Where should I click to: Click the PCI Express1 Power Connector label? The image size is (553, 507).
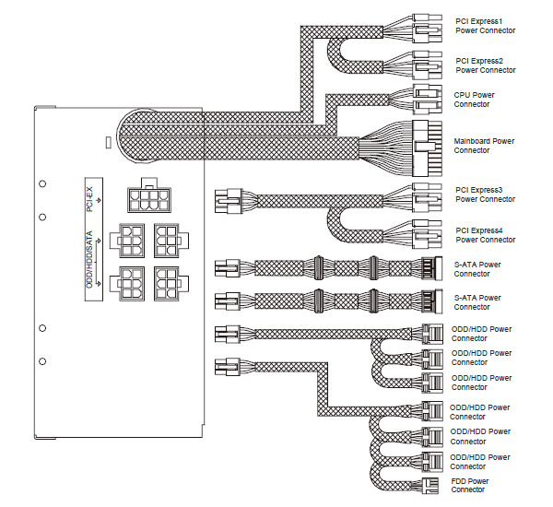pyautogui.click(x=486, y=26)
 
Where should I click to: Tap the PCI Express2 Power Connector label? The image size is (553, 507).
pyautogui.click(x=486, y=65)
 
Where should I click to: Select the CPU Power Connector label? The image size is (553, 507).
pyautogui.click(x=474, y=100)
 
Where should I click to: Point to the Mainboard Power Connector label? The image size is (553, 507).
pyautogui.click(x=484, y=146)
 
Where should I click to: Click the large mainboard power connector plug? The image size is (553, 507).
pyautogui.click(x=427, y=148)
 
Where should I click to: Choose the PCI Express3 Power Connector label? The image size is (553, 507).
pyautogui.click(x=486, y=195)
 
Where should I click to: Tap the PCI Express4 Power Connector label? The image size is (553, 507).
pyautogui.click(x=486, y=235)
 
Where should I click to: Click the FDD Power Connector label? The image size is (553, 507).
pyautogui.click(x=470, y=485)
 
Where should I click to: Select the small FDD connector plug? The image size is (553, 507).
pyautogui.click(x=430, y=486)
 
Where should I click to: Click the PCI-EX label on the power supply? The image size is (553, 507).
pyautogui.click(x=89, y=199)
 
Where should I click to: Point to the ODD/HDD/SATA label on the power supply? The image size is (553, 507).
pyautogui.click(x=89, y=259)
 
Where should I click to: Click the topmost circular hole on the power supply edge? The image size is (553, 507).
pyautogui.click(x=42, y=183)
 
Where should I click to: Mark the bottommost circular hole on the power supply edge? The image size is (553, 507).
pyautogui.click(x=42, y=361)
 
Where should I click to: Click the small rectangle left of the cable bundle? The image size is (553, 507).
pyautogui.click(x=109, y=142)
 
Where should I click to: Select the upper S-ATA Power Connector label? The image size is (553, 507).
pyautogui.click(x=477, y=269)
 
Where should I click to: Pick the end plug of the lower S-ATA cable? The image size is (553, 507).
pyautogui.click(x=432, y=301)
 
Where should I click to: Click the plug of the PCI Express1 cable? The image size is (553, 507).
pyautogui.click(x=427, y=29)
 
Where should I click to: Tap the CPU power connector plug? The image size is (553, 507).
pyautogui.click(x=427, y=100)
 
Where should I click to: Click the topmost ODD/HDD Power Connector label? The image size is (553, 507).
pyautogui.click(x=481, y=334)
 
